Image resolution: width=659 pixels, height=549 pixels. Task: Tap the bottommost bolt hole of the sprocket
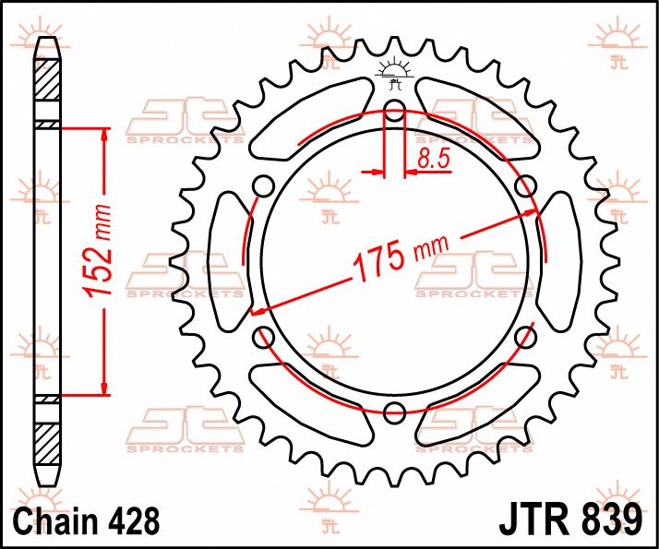[394, 411]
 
